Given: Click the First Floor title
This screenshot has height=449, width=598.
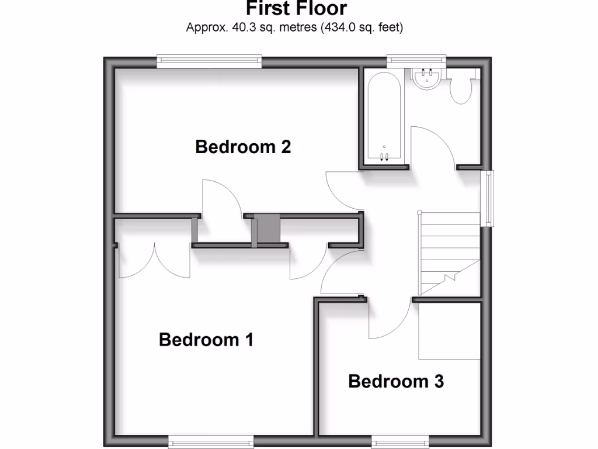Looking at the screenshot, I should [295, 9].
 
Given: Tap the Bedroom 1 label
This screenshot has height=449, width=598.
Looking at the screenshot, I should [206, 340].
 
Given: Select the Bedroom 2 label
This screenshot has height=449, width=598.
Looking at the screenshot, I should [243, 146].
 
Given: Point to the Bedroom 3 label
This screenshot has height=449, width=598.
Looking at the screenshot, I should [396, 382].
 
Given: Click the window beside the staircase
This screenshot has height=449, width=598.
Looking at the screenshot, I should [487, 198].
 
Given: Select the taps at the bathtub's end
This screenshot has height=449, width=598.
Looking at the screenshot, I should [384, 155].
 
